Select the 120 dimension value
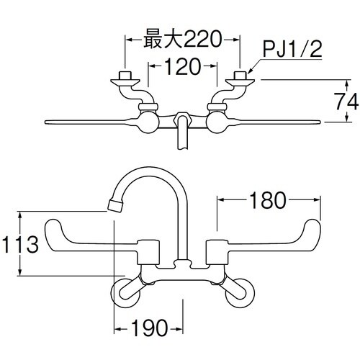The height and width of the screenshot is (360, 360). click(183, 68)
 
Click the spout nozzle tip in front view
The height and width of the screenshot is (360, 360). click(113, 206)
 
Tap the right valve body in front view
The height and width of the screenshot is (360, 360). click(219, 253)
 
